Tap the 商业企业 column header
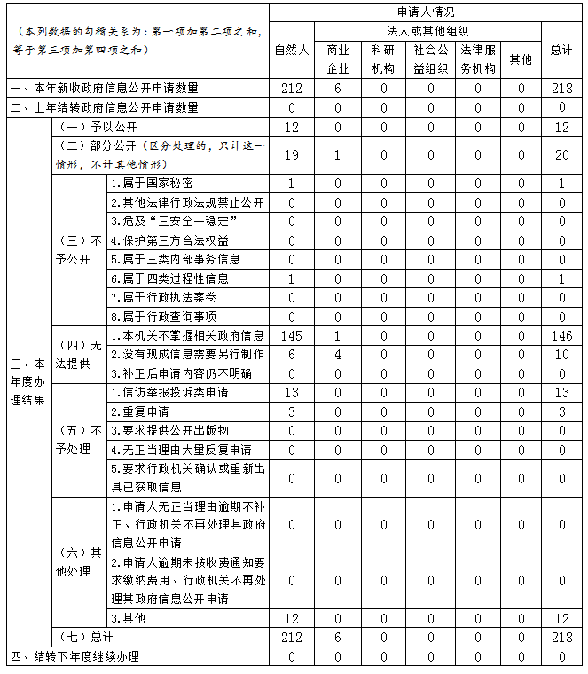coord(338,59)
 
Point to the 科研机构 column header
coord(383,59)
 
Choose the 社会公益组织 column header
coord(431,59)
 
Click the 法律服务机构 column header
coord(478,59)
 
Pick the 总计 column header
coord(561,50)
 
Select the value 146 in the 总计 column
coord(561,335)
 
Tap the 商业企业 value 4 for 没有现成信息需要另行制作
coord(338,354)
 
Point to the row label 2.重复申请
coord(140,411)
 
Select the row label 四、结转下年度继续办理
coord(74,657)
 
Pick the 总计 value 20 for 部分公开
coord(561,155)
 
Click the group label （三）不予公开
coord(79,250)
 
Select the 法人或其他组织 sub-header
coord(427,31)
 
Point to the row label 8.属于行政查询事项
coord(163,316)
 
